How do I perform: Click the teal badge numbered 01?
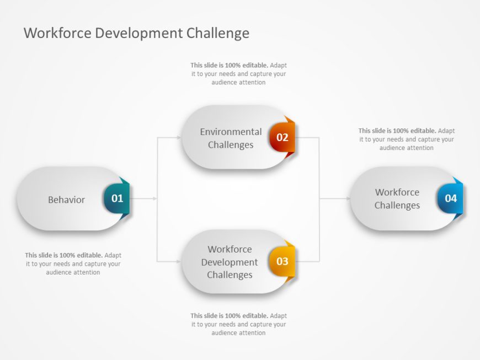(x=117, y=198)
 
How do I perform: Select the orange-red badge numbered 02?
(x=282, y=137)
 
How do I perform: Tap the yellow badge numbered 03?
(x=282, y=261)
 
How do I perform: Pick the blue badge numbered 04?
(x=450, y=198)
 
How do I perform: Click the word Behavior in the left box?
(x=66, y=200)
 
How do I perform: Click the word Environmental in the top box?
(x=231, y=132)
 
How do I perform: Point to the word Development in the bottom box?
(x=230, y=262)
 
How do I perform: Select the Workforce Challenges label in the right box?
(x=397, y=199)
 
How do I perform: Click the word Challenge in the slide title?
(x=217, y=33)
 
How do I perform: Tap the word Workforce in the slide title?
(x=57, y=33)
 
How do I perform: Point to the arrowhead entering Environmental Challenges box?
(x=179, y=137)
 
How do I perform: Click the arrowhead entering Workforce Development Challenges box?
(x=179, y=261)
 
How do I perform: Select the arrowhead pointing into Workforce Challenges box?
(x=347, y=198)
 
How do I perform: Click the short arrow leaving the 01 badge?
(x=143, y=198)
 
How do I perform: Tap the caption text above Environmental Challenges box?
(x=238, y=74)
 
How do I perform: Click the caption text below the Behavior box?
(x=73, y=264)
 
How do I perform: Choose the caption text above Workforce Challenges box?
(x=407, y=139)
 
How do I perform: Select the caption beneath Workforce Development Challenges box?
(x=238, y=324)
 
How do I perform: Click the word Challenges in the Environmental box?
(x=231, y=145)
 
